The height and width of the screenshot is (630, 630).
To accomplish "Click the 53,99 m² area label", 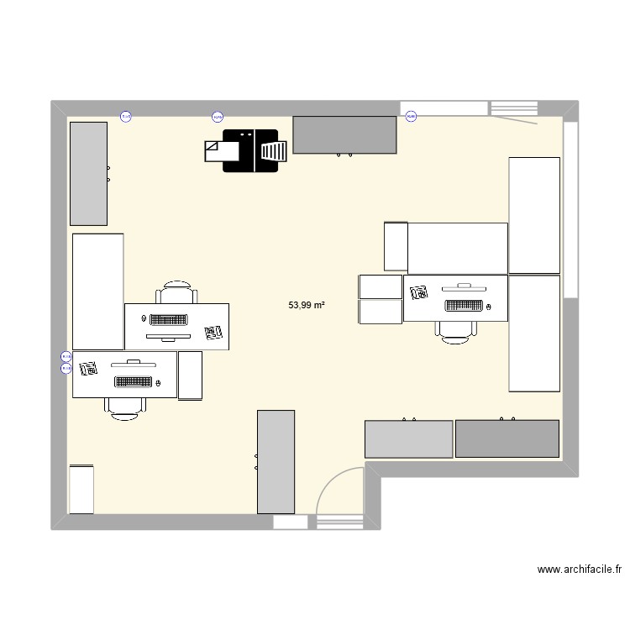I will [307, 306].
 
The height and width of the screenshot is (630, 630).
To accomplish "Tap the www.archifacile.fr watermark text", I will [580, 570].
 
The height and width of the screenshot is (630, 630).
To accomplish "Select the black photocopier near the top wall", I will [250, 151].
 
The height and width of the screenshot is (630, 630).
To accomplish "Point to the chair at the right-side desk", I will [455, 331].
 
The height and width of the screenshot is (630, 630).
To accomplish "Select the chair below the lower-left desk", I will [124, 406].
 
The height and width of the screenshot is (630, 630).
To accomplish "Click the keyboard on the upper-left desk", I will [170, 319].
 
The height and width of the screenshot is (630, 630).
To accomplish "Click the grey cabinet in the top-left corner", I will [88, 173].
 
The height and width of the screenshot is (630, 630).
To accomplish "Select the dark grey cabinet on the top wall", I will [344, 135].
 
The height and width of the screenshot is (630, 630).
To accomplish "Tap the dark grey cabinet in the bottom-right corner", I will [507, 438].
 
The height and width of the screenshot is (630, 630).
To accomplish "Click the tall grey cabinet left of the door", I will [276, 461].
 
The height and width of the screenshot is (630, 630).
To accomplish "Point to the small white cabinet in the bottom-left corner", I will [81, 489].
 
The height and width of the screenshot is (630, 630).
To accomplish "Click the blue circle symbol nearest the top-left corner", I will [126, 117].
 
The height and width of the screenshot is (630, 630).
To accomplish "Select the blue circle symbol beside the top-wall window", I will [412, 117].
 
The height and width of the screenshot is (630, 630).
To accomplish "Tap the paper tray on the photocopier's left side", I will [213, 150].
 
